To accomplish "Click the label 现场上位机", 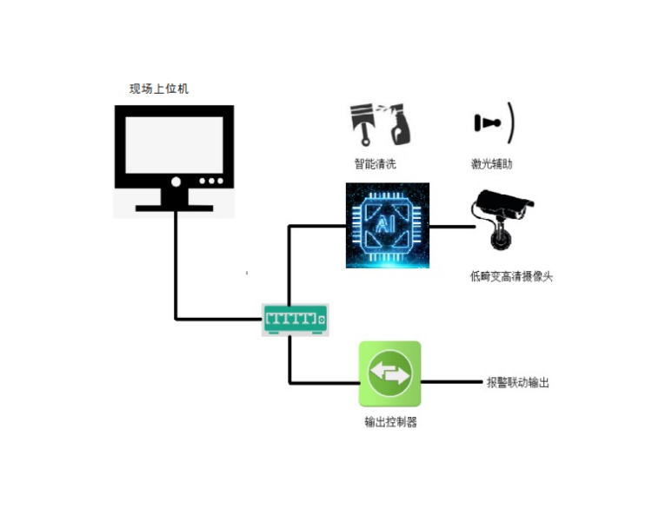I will click(x=159, y=89).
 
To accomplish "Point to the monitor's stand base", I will click(x=174, y=208).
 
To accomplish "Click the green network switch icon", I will click(x=296, y=320).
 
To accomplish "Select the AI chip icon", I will click(x=387, y=225).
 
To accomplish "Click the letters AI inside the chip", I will click(x=387, y=225).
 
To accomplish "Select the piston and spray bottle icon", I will click(x=381, y=126).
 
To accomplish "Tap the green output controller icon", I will click(x=390, y=373).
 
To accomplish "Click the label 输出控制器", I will click(x=390, y=423).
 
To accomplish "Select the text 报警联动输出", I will click(x=518, y=382).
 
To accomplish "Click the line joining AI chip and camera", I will click(x=451, y=227).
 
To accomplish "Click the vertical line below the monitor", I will click(x=176, y=261).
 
